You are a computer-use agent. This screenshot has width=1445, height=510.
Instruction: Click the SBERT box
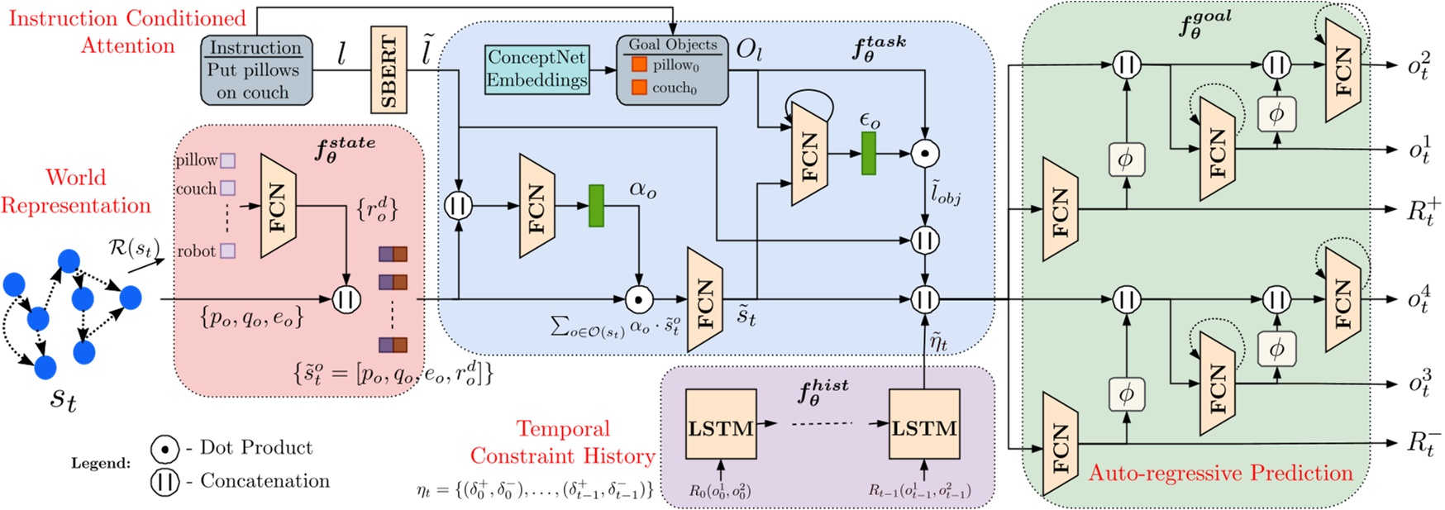coord(389,70)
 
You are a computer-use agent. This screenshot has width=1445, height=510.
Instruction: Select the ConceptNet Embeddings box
coord(537,69)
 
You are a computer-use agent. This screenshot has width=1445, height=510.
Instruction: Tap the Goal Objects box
coord(672,69)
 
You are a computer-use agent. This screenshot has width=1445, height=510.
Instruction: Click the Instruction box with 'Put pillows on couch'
coord(256,69)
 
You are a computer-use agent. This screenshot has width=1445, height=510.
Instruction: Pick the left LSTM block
coord(721,427)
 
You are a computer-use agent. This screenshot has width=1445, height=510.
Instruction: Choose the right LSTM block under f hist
coord(923,427)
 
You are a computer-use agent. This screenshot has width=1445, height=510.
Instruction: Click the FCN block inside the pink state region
coord(278,205)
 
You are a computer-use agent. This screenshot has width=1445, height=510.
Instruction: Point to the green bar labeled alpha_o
coord(596,206)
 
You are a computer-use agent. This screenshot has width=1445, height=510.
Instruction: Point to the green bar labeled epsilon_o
coord(868,154)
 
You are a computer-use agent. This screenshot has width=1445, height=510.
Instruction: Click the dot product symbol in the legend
coord(165,449)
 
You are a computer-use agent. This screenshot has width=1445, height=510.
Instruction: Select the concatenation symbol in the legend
coord(165,481)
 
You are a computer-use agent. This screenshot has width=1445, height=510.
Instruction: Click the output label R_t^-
coord(1424,443)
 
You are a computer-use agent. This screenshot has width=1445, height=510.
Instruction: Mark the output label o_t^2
coord(1419,66)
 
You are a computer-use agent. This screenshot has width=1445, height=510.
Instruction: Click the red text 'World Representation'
coord(75,191)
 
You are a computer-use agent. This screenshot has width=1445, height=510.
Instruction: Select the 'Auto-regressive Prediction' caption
coord(1220,473)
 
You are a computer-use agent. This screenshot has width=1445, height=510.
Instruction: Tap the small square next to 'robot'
coord(228,250)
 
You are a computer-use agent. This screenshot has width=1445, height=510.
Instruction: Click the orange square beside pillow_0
coord(639,64)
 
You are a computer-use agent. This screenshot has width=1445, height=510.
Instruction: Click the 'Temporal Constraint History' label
coord(562,442)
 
